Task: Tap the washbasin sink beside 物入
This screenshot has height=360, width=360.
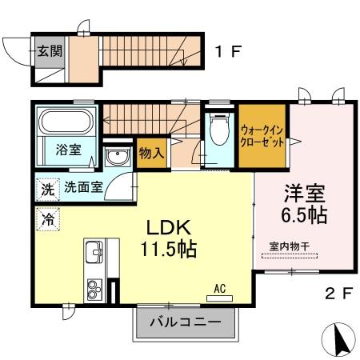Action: coord(118,157)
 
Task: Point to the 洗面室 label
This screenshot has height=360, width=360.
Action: coord(83,190)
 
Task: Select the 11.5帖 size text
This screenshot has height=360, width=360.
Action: coord(170,248)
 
